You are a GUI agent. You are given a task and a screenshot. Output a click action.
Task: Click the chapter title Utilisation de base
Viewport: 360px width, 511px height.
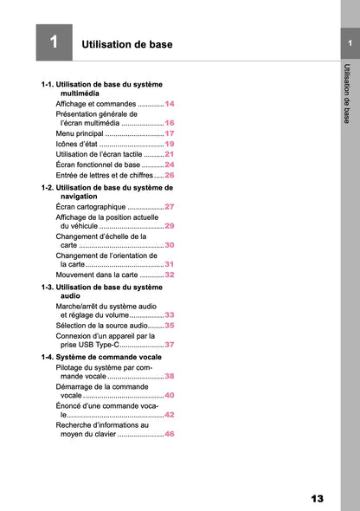coord(126,44)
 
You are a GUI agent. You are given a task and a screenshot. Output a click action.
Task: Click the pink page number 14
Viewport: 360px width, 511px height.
coord(170,103)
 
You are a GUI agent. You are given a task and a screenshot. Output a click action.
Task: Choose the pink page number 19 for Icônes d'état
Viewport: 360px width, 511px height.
coord(170,144)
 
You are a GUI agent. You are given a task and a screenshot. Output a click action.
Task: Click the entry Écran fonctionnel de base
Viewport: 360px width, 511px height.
coord(97,164)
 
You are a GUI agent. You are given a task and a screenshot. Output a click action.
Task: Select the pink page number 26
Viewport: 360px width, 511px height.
coord(170,174)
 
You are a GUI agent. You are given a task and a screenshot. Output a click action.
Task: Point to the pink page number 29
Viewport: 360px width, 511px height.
coord(170,225)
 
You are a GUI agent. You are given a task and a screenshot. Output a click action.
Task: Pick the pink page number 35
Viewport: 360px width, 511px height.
coord(170,325)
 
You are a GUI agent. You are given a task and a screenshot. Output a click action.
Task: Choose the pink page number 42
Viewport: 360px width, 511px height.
coord(170,415)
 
